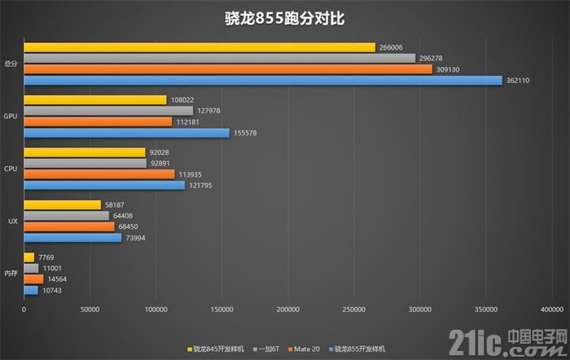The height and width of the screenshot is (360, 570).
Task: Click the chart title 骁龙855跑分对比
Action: [x=285, y=18]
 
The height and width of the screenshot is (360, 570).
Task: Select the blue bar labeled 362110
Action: [x=263, y=80]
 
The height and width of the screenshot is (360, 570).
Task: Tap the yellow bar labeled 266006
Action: [x=199, y=47]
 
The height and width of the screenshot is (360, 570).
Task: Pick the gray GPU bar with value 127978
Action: [x=108, y=111]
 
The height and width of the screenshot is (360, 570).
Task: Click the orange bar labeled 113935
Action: [x=99, y=174]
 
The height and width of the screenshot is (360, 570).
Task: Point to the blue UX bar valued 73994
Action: [x=72, y=238]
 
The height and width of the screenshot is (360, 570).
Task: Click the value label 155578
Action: [x=244, y=133]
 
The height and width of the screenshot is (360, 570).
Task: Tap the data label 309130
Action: [x=448, y=69]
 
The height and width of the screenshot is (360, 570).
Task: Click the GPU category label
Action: [x=11, y=116]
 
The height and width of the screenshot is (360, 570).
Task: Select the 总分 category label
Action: [x=11, y=64]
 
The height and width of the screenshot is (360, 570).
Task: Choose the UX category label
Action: [x=12, y=222]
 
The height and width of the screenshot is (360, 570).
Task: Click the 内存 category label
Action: [x=11, y=274]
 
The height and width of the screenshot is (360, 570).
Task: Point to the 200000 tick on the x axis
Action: [x=288, y=310]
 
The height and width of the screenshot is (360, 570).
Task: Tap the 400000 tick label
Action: [x=552, y=310]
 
